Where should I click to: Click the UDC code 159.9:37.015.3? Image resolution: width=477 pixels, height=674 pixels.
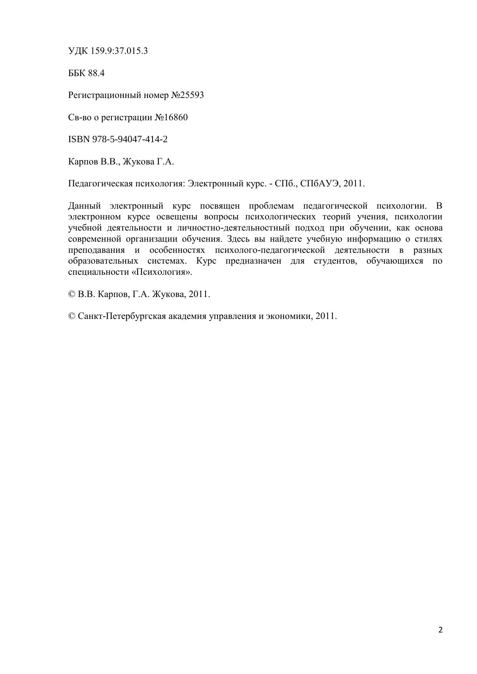(119, 51)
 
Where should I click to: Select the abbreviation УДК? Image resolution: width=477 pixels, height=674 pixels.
(78, 51)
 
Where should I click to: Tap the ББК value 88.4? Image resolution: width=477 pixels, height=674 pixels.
(96, 73)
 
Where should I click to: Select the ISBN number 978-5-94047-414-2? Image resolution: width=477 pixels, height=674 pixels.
(130, 139)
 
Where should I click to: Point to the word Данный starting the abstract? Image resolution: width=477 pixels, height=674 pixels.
(84, 206)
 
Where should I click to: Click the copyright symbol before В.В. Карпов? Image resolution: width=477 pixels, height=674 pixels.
(72, 295)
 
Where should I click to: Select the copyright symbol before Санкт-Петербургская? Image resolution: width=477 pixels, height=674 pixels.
(72, 317)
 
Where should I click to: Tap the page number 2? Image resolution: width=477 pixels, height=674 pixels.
(440, 630)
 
